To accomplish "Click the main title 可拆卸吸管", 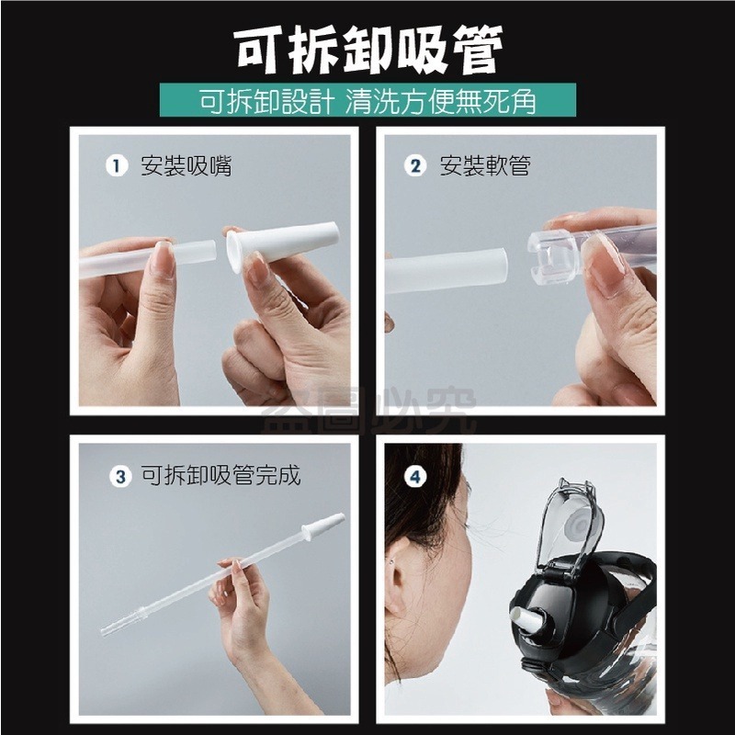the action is click(369, 50).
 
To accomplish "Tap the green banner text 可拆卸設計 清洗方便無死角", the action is click(368, 100).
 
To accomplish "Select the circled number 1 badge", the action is click(117, 165).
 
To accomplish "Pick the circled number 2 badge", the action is click(415, 165).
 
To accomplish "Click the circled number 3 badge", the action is click(120, 476).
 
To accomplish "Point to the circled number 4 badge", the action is click(415, 476).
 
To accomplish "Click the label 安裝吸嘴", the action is click(187, 166).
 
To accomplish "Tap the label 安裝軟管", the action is click(485, 166).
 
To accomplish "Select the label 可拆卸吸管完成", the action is click(220, 476).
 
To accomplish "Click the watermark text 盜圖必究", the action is click(369, 410).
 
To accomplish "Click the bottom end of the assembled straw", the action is click(104, 631).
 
